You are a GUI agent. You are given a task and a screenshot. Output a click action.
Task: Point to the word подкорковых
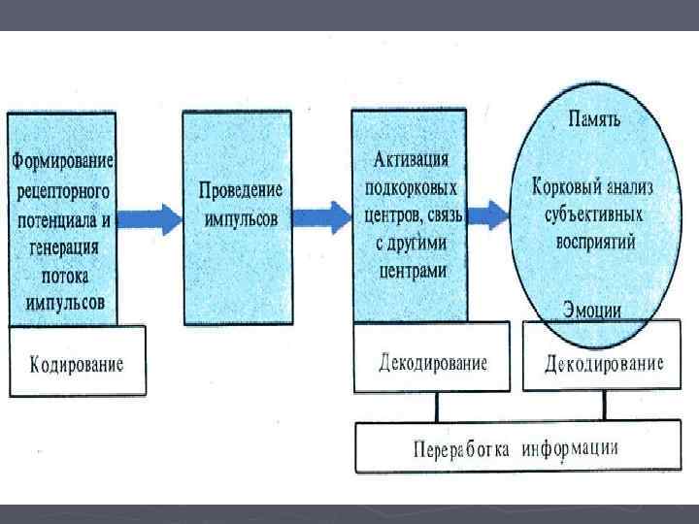coord(413,184)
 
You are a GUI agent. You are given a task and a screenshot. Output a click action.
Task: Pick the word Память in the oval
coord(594,120)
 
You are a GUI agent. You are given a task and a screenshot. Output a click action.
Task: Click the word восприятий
coord(594,242)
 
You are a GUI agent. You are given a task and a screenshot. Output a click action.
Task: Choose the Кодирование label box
coord(78,364)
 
